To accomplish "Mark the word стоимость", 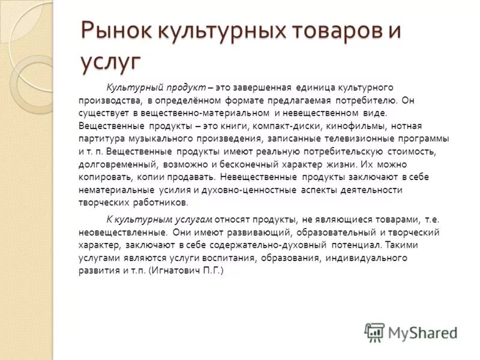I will (424, 152).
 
